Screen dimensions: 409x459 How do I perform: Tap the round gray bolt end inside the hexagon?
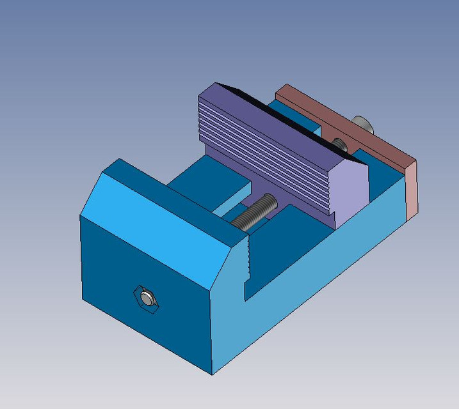pyautogui.click(x=147, y=298)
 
